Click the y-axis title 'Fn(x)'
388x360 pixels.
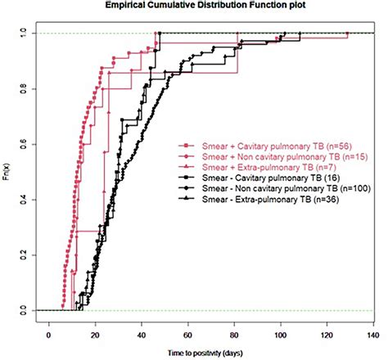pyautogui.click(x=9, y=172)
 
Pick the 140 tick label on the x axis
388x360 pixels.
pyautogui.click(x=373, y=334)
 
